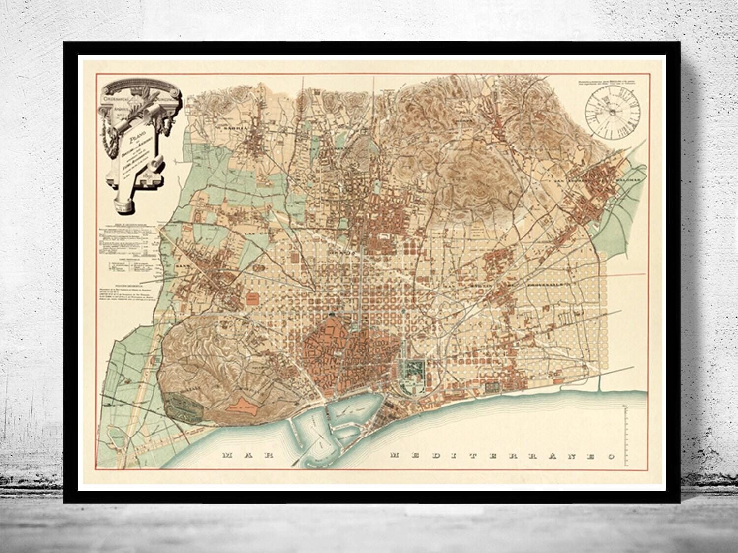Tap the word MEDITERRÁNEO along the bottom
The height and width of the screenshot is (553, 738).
502,456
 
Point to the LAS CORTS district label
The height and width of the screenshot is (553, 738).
245,229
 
